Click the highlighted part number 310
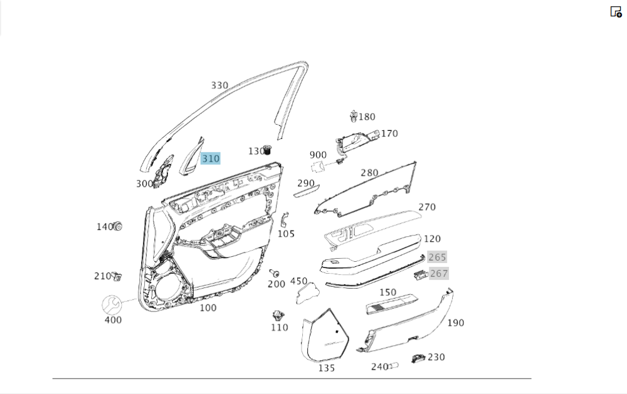pos(211,158)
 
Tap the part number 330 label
pos(219,86)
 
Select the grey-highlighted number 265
pos(437,257)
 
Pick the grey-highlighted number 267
pos(439,273)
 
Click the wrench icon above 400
pos(113,304)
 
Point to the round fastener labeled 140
pos(117,226)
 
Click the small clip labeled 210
pos(117,276)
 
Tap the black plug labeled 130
pos(269,150)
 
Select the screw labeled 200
pos(274,272)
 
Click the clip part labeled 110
pos(278,314)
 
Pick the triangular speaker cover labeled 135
pos(325,336)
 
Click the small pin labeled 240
pos(394,365)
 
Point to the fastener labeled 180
pos(354,116)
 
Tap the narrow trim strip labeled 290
pos(307,191)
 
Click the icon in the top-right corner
pos(616,11)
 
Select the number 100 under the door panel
pos(208,308)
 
